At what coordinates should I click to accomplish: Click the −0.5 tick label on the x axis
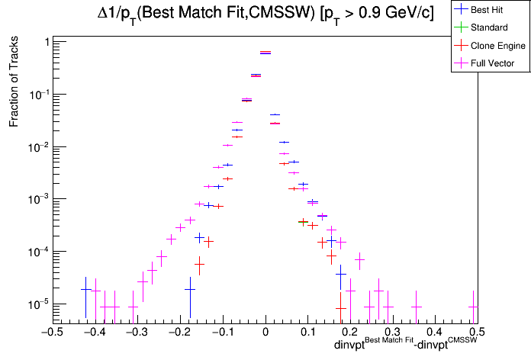[x=51, y=332]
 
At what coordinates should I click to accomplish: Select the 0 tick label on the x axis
[x=265, y=332]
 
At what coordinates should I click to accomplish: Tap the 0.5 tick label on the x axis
[x=476, y=332]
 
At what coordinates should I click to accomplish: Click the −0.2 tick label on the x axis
[x=179, y=332]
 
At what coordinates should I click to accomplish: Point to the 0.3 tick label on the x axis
[x=391, y=332]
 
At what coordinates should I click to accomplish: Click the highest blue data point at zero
[x=265, y=52]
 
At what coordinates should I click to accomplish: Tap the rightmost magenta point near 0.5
[x=473, y=307]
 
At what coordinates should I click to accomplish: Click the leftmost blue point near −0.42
[x=85, y=289]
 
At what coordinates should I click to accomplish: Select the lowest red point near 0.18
[x=340, y=308]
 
